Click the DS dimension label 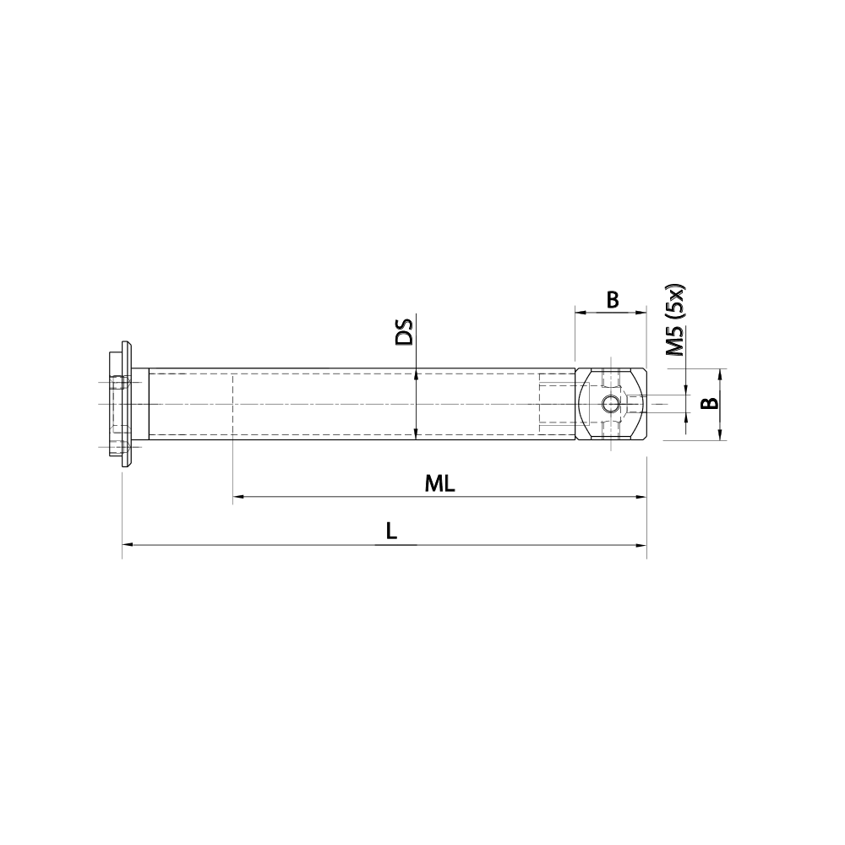coord(405,331)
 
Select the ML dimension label coord(440,483)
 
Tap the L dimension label coord(390,532)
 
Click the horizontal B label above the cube coord(613,299)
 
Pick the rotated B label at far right coord(711,402)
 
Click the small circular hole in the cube coord(610,405)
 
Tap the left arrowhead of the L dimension coord(128,546)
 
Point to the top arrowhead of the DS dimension coord(416,374)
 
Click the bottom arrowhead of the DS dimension coord(416,434)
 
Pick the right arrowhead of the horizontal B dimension coord(641,313)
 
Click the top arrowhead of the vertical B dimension coord(720,373)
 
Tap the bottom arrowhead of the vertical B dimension coord(720,435)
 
